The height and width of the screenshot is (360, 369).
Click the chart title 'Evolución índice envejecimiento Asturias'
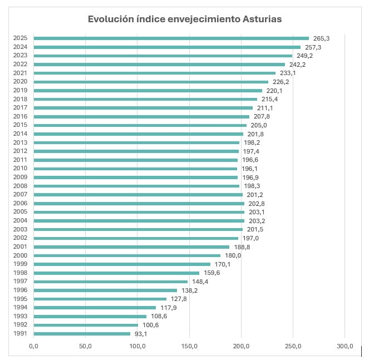pos(185,19)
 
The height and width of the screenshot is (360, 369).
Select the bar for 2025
pos(171,38)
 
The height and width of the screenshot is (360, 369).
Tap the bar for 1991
pos(82,334)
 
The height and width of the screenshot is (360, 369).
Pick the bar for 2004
pos(139,221)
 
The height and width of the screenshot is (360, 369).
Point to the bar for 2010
pos(135,169)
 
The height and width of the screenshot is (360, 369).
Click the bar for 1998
pos(116,273)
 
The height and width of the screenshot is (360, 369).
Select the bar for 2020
pos(151,82)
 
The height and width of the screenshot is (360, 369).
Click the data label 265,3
pos(321,38)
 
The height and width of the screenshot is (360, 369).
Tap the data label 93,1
pos(142,334)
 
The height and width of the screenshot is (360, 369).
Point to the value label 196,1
pos(249,169)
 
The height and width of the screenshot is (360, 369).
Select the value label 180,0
pos(233,256)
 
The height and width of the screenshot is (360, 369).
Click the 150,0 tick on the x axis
pos(189,347)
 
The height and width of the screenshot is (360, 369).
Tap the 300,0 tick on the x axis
pos(345,347)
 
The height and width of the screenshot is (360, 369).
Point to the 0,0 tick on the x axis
pos(33,347)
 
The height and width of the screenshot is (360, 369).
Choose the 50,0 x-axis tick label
pos(85,347)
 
